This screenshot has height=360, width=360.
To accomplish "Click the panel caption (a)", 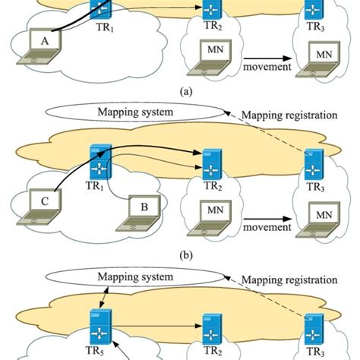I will [179, 90].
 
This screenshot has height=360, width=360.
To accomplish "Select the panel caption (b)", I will [179, 256].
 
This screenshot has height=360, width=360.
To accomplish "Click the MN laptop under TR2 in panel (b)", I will [214, 213].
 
